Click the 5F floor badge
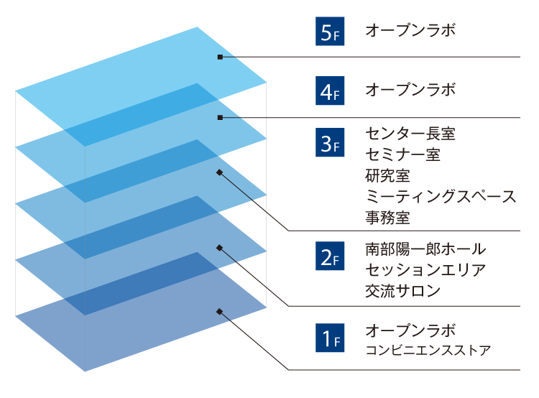(x=331, y=32)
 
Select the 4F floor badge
(x=331, y=91)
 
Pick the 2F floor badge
(x=331, y=256)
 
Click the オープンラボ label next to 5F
(x=410, y=31)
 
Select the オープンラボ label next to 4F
(x=410, y=91)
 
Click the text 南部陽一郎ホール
(x=425, y=249)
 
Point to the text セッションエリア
(x=425, y=270)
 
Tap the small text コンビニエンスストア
(x=428, y=351)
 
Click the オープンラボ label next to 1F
(x=410, y=330)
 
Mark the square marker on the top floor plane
(x=221, y=57)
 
